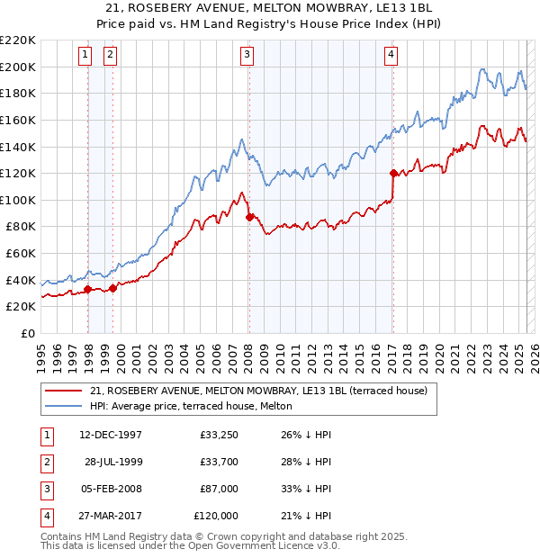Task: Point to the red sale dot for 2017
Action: pyautogui.click(x=393, y=173)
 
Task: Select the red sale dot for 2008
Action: pyautogui.click(x=249, y=216)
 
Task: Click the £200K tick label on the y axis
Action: pyautogui.click(x=18, y=67)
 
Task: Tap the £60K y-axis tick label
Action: pyautogui.click(x=21, y=253)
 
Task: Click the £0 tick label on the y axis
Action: pyautogui.click(x=29, y=333)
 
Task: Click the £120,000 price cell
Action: pyautogui.click(x=217, y=516)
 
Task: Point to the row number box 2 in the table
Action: pyautogui.click(x=45, y=462)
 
